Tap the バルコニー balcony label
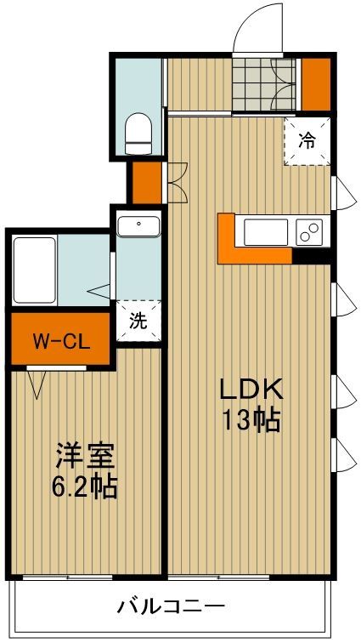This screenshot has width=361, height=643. (172, 607)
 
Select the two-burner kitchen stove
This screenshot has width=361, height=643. (308, 230)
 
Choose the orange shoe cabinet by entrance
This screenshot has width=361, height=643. (316, 83)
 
